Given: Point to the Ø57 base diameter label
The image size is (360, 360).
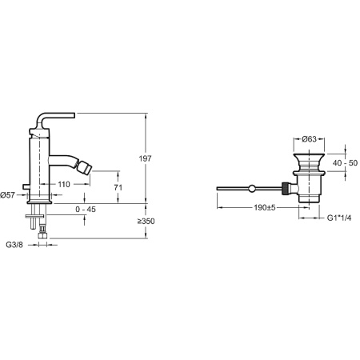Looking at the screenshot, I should click(11, 194).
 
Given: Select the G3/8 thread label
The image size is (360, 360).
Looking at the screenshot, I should click(16, 244).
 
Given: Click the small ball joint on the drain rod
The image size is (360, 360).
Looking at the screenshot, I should click(253, 189).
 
